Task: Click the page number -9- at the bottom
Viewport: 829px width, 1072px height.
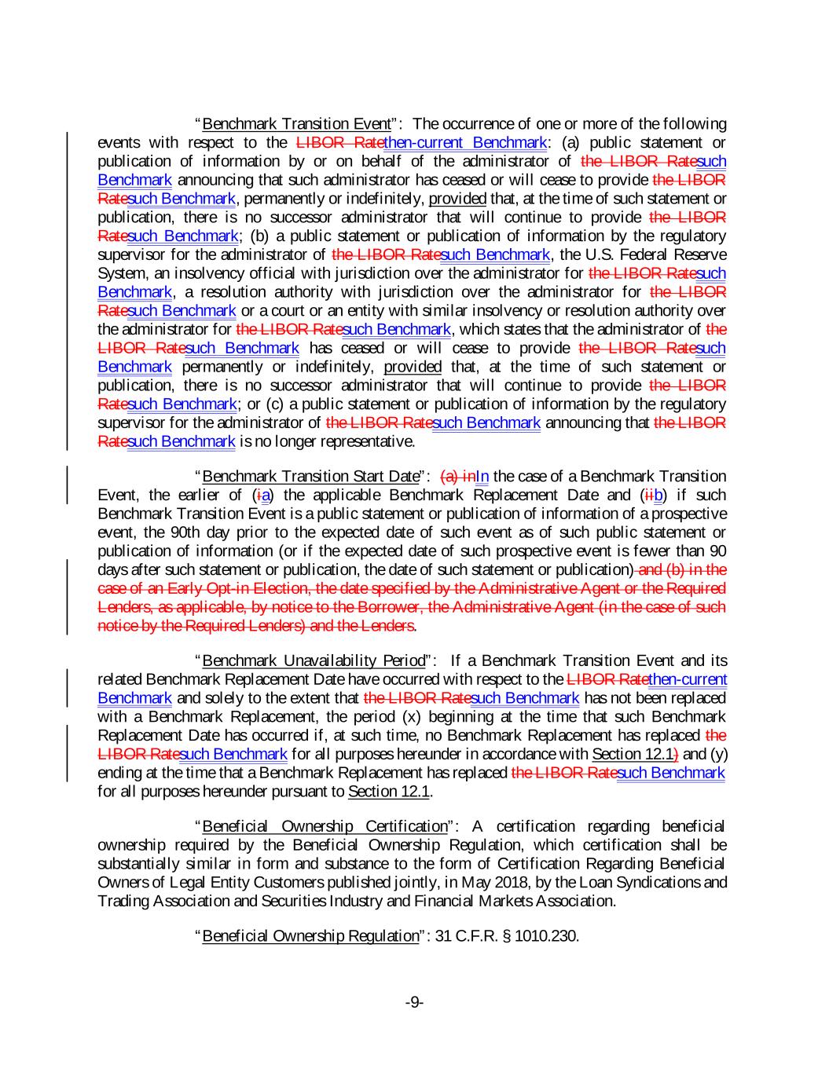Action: point(414,1002)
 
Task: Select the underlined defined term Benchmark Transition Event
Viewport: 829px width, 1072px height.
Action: point(296,124)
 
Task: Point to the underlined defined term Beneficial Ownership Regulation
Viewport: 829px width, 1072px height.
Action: point(310,935)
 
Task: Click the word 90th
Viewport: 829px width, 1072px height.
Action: point(240,532)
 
